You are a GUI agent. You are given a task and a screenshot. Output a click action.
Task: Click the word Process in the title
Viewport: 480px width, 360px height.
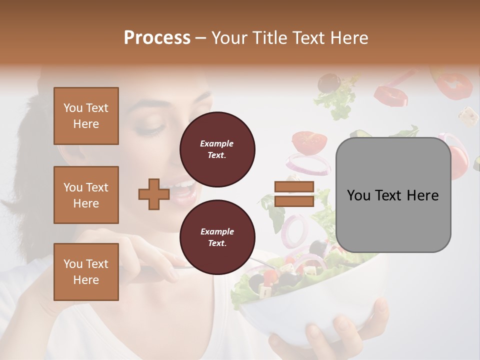click(157, 38)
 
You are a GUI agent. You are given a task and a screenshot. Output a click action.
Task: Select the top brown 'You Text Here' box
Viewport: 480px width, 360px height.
click(86, 116)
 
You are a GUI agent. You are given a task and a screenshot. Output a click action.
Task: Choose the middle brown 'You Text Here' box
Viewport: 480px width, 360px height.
click(86, 195)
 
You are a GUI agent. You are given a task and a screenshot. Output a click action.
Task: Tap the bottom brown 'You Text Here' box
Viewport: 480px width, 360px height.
click(86, 272)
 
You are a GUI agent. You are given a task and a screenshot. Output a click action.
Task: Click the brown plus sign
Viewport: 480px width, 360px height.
click(153, 194)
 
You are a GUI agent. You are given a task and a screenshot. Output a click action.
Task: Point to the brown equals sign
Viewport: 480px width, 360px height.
click(294, 194)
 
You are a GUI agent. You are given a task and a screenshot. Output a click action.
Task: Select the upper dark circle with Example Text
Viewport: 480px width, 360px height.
click(217, 149)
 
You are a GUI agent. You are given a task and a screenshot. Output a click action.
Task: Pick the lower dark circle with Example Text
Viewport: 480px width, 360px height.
click(217, 237)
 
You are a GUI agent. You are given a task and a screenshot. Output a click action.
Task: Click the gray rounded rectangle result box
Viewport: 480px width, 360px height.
click(393, 195)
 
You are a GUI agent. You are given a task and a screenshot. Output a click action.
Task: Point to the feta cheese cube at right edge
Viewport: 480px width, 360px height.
click(468, 116)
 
